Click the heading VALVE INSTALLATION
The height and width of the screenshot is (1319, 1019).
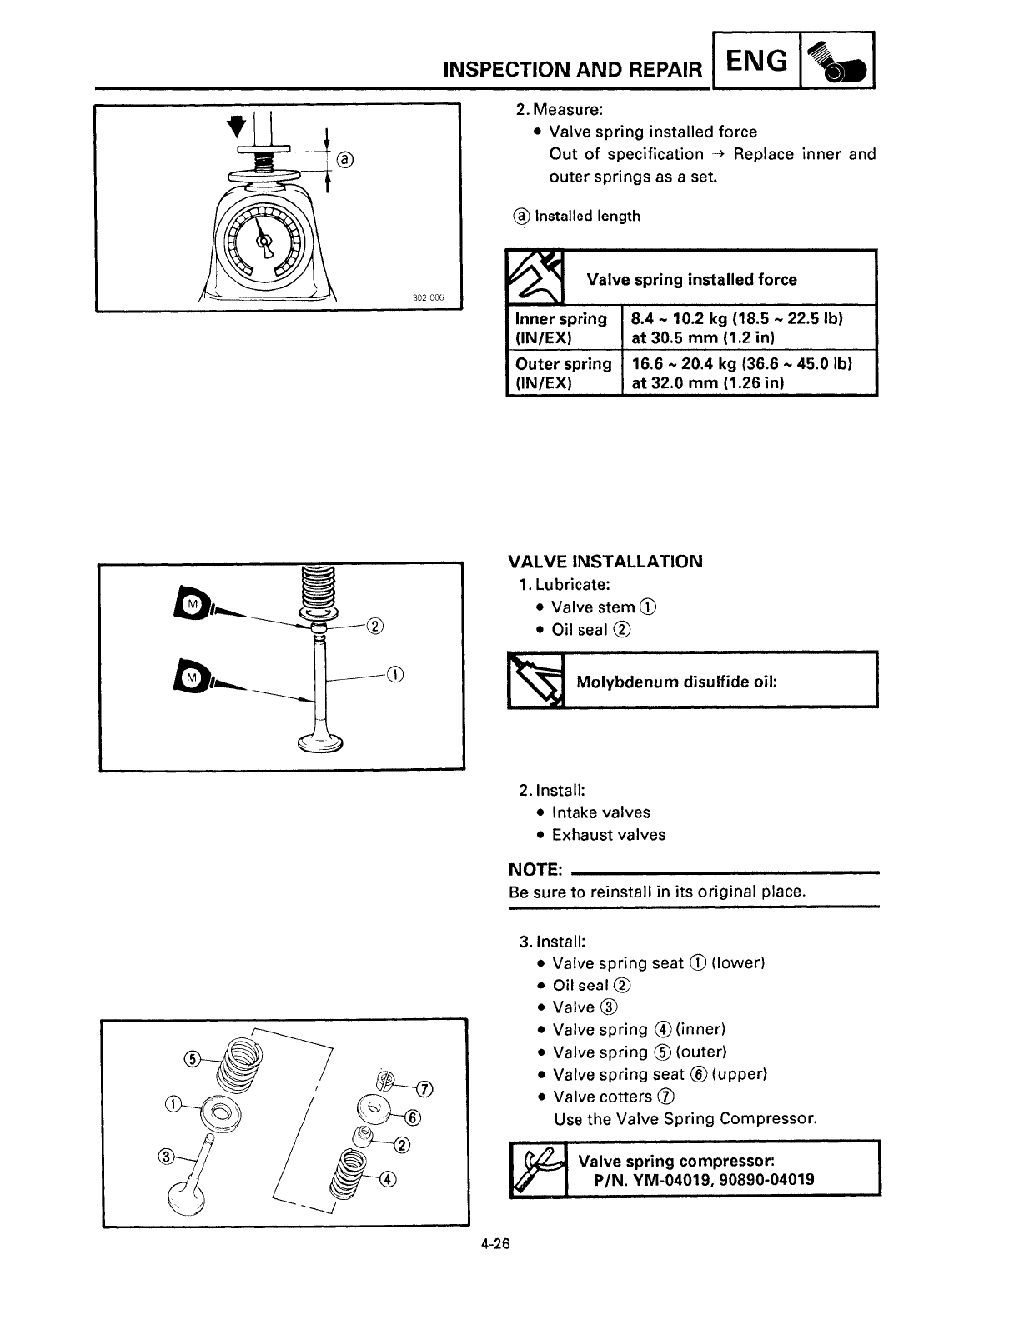605,562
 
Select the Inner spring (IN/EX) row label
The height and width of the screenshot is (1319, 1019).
561,327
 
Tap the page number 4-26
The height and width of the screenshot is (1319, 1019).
494,1245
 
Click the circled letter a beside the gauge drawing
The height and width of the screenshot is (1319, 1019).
345,159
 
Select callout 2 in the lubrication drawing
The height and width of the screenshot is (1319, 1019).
374,627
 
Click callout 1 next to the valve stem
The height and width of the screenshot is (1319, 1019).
395,674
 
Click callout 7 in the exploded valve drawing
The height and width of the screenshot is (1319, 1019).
424,1089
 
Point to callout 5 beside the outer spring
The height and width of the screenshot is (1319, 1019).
191,1058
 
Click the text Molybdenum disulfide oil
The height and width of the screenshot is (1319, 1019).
676,682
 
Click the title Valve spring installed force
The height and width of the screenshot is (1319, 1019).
691,280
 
